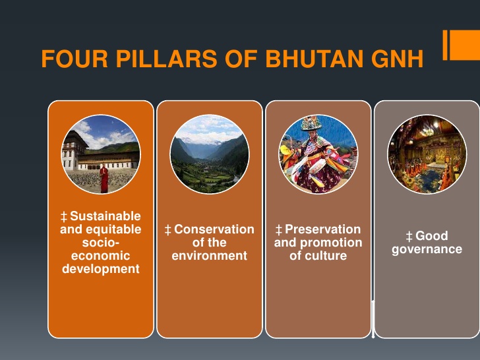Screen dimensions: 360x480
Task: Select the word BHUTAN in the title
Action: click(311, 59)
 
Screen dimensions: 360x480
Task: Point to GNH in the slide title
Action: click(394, 59)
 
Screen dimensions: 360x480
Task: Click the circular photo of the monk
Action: click(100, 154)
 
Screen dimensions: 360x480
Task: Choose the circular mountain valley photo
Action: click(209, 154)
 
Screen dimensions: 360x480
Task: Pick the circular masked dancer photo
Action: click(318, 154)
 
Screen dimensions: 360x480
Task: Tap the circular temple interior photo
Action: click(427, 154)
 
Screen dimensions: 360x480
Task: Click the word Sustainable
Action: click(105, 216)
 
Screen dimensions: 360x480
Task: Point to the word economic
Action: click(100, 256)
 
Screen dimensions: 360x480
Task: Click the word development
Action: click(100, 269)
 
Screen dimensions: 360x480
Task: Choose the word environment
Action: click(209, 256)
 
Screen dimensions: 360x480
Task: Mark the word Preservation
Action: click(322, 229)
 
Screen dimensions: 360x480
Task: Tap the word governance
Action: click(427, 249)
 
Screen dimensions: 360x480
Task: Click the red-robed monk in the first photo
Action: click(103, 178)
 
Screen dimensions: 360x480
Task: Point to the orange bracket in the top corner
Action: click(460, 45)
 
